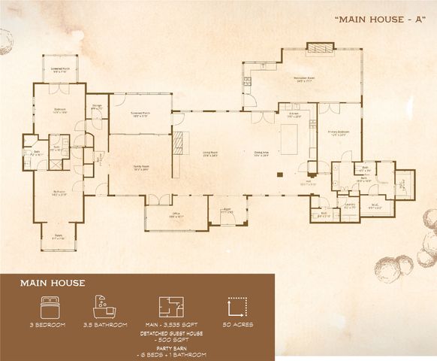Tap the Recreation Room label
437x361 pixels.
tap(304, 79)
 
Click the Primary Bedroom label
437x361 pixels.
tap(340, 133)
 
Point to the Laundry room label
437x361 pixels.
tap(349, 205)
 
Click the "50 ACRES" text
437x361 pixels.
tap(238, 325)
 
